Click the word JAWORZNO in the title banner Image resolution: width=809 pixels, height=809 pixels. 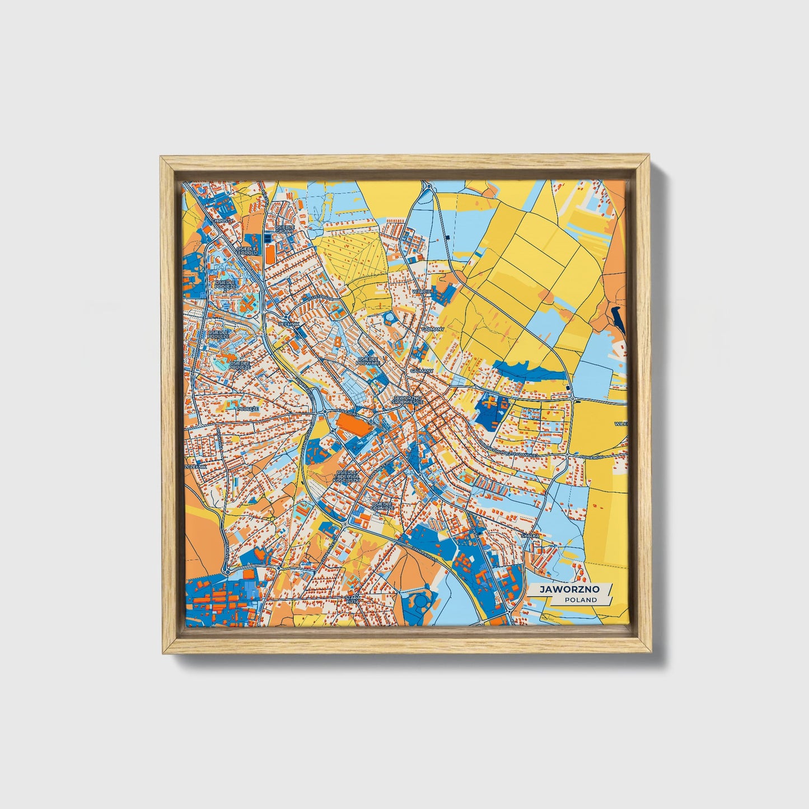tap(569, 589)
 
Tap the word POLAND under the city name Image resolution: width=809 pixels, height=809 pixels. tap(580, 600)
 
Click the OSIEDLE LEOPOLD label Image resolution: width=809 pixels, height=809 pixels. tap(247, 250)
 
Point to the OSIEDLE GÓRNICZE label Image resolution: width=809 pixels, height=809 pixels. tap(382, 506)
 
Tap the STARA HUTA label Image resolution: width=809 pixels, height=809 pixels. tap(353, 600)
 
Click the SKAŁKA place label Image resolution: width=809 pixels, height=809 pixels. tap(530, 536)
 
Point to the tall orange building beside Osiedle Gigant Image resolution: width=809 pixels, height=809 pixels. tap(270, 255)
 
